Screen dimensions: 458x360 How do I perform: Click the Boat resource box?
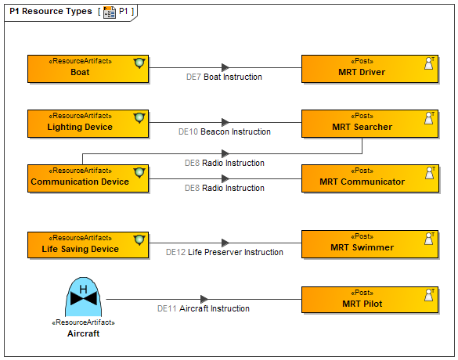pos(88,69)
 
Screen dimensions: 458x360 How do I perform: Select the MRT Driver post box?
pos(370,69)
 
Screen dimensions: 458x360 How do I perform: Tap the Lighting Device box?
pos(88,124)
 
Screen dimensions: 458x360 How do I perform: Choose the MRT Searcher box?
pos(370,124)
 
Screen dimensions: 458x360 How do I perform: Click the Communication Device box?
pos(88,178)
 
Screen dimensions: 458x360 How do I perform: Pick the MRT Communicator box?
pos(370,178)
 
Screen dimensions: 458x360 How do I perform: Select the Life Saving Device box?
pos(88,245)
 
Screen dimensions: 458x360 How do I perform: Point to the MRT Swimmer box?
pos(370,244)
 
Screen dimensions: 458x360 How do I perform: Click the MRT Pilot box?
pos(370,300)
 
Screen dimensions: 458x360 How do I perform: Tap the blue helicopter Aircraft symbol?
pos(83,297)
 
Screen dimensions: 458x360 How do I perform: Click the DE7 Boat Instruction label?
pos(224,77)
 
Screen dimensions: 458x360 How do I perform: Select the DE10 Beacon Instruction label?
pos(225,131)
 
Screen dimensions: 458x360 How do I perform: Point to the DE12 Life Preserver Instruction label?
pos(225,252)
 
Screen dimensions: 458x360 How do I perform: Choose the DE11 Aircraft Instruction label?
pos(204,308)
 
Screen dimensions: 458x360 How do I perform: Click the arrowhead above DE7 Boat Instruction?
pos(225,67)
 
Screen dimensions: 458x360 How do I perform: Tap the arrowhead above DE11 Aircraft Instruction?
pos(204,299)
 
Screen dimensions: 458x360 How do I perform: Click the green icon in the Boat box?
pos(139,63)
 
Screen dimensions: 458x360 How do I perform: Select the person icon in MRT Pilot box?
pos(429,295)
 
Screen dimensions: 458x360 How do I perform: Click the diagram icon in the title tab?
pos(110,12)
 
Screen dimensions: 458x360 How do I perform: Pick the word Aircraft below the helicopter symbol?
pos(83,333)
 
